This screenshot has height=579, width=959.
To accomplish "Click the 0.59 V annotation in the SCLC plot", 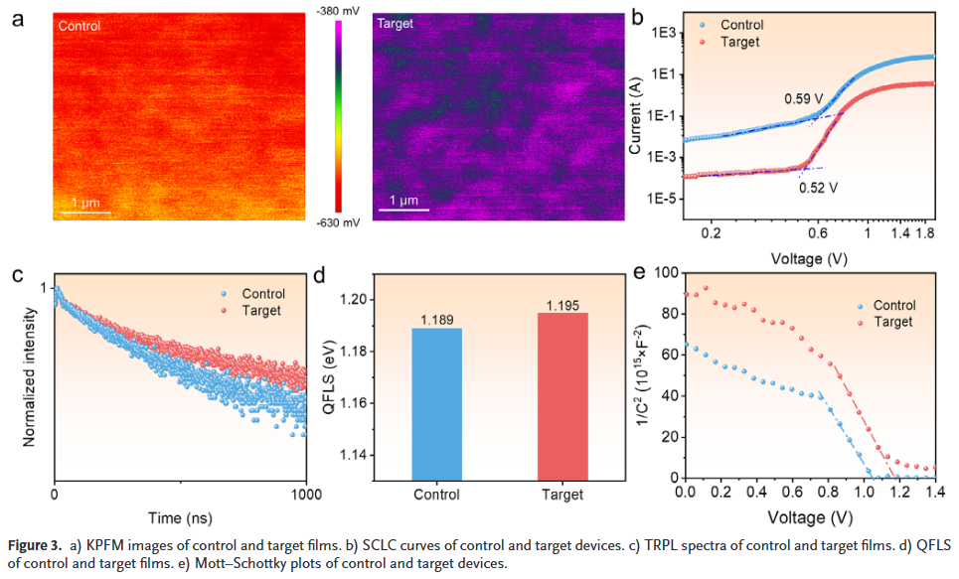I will (804, 99).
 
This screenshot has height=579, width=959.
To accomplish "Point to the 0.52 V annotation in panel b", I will (819, 186).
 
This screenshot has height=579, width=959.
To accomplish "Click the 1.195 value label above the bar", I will (561, 304).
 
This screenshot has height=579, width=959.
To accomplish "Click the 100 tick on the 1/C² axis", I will (662, 273).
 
